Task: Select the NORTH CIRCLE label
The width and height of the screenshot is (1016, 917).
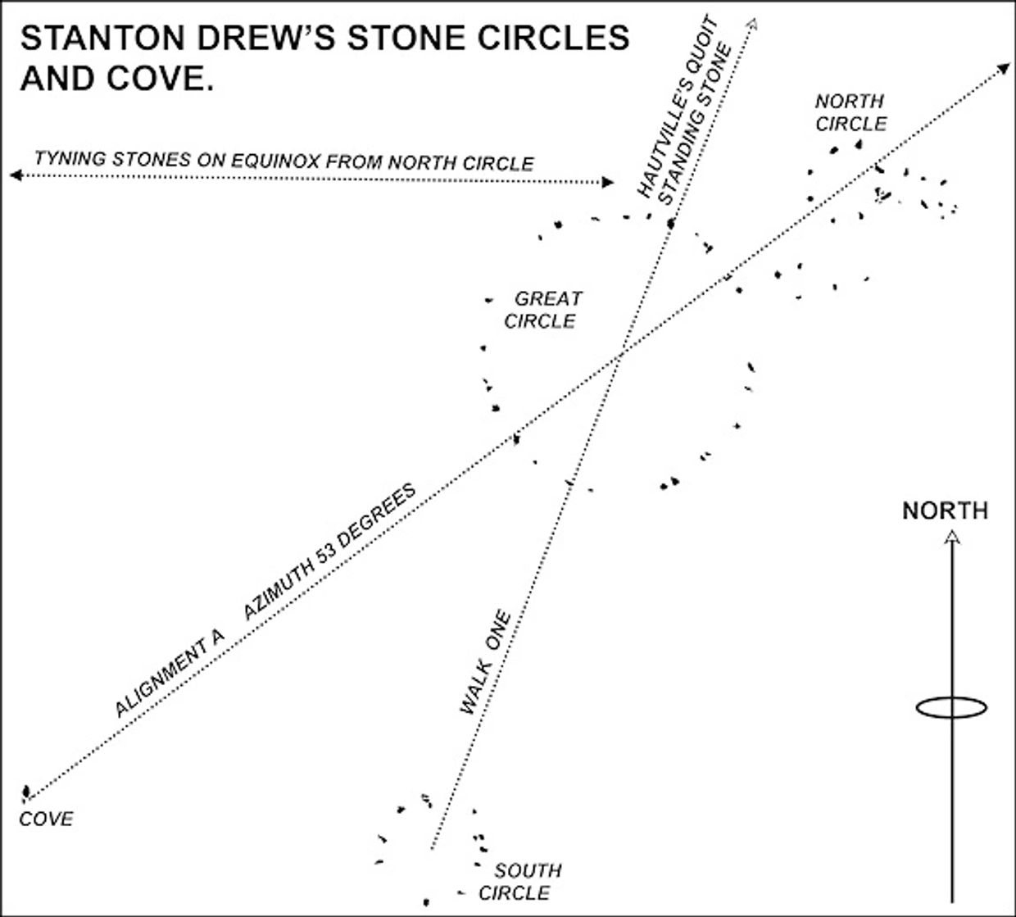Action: pos(850,112)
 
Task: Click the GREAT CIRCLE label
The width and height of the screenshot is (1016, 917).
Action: pos(542,309)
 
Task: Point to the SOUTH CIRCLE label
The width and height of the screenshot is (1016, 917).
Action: pos(521,881)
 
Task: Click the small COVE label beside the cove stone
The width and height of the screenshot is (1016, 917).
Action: pos(47,819)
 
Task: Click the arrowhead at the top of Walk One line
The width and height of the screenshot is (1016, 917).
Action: pos(751,22)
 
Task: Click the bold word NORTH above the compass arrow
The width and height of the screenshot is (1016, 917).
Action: pos(945,511)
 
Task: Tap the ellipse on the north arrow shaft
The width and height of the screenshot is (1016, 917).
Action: pos(950,707)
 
